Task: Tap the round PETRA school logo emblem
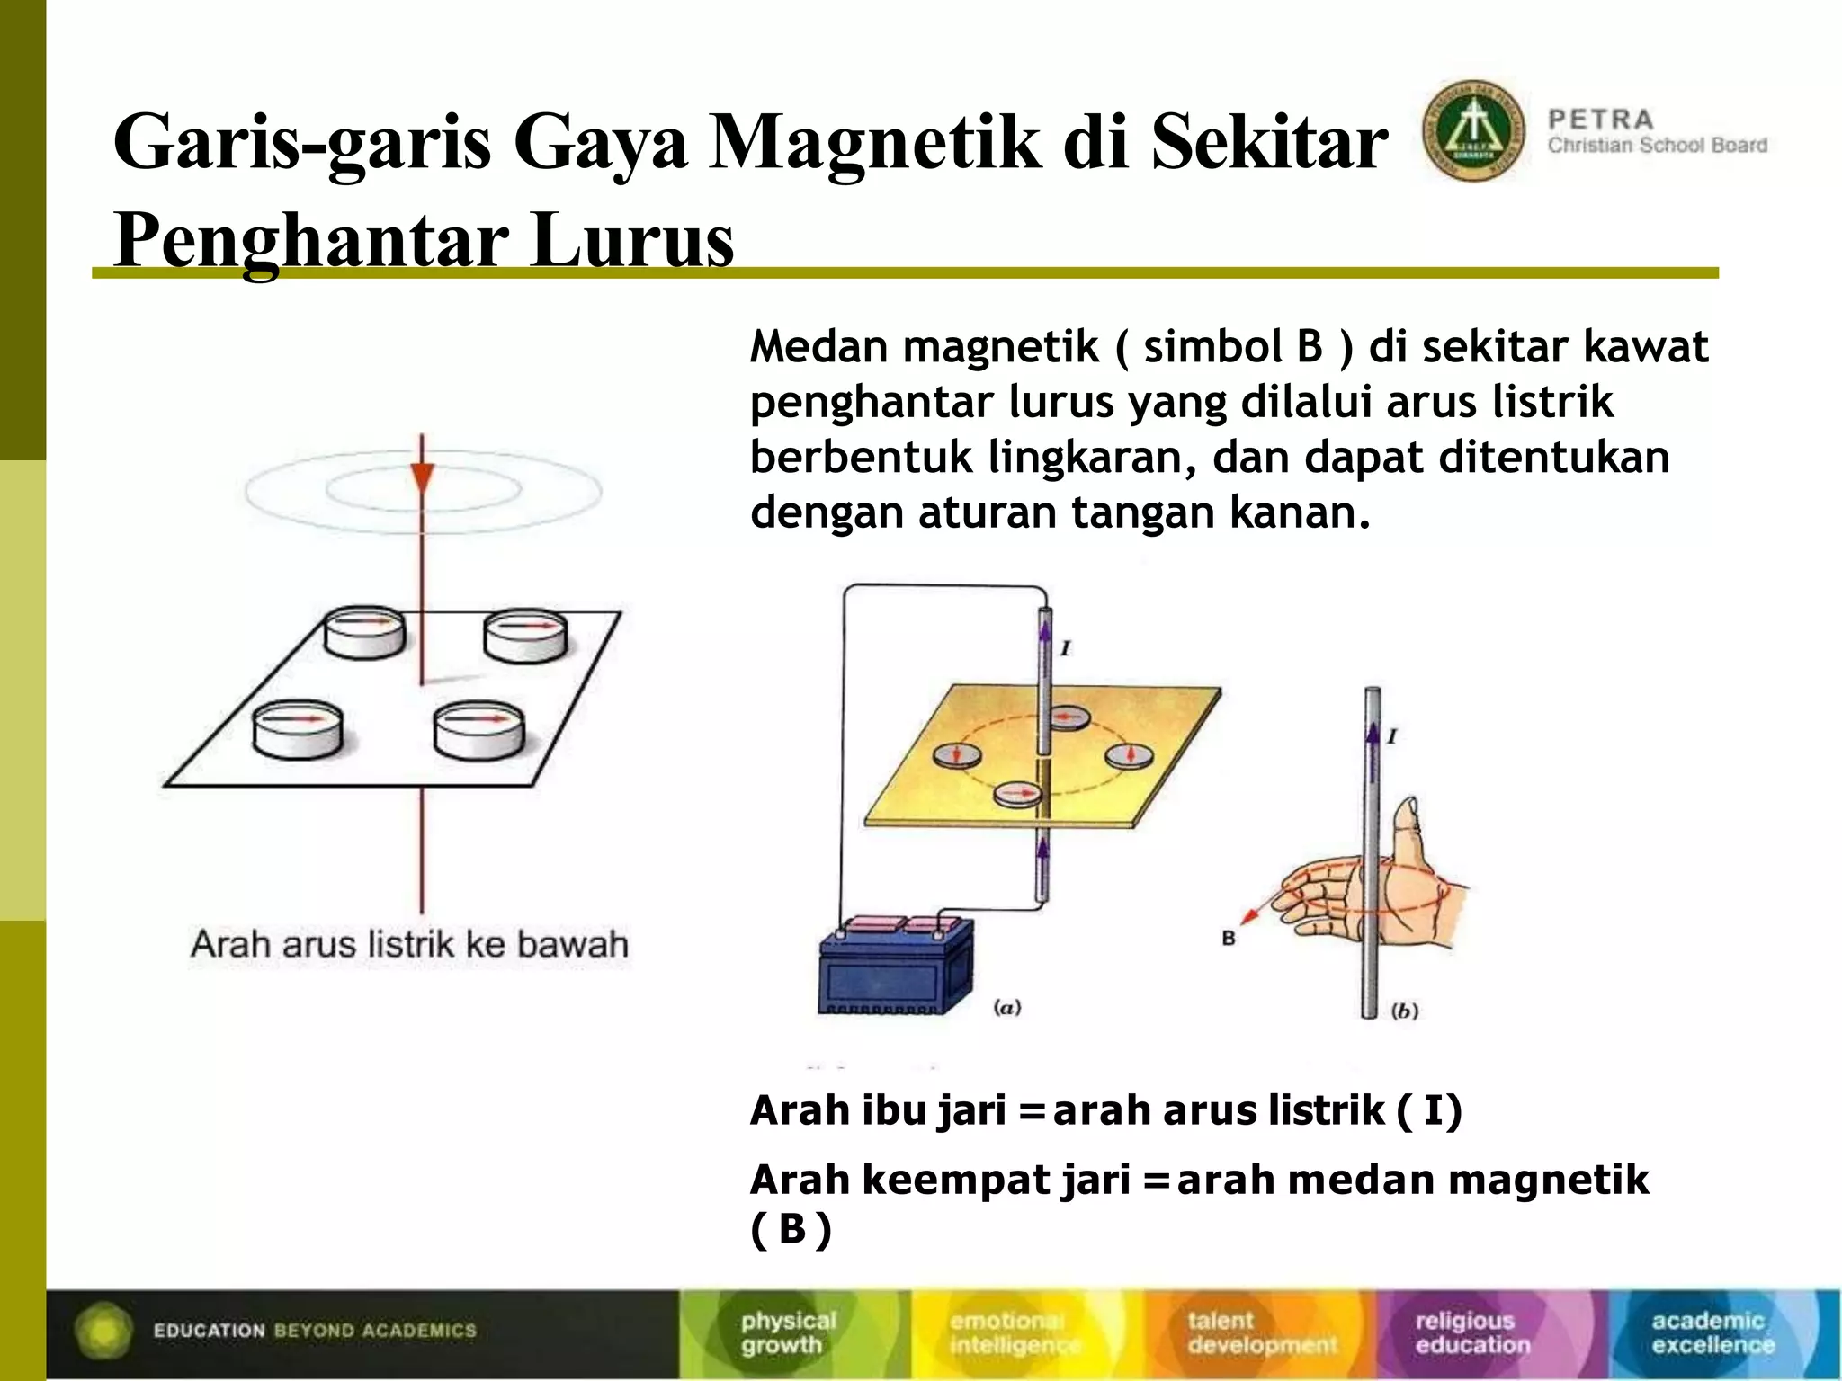1473,131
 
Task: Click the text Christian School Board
1657,146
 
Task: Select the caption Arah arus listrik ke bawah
409,945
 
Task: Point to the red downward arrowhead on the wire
422,477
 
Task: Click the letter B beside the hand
1229,938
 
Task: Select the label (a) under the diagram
1006,1008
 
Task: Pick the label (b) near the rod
1404,1011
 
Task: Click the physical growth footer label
788,1332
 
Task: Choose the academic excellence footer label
1712,1332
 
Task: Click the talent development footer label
1261,1332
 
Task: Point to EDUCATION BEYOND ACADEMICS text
315,1331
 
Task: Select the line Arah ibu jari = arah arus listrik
1105,1110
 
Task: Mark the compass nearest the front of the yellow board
1018,795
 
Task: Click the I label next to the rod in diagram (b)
1391,736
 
